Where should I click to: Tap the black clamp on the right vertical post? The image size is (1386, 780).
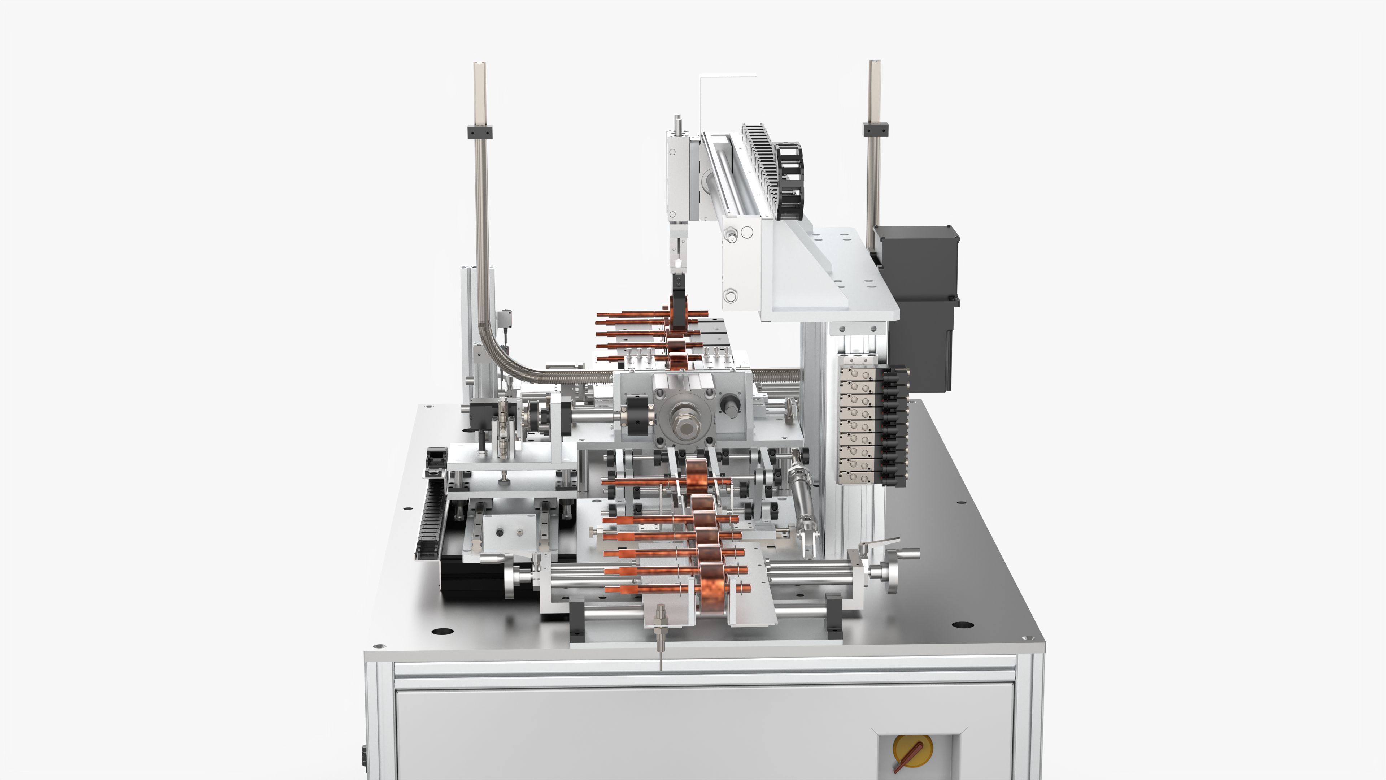(x=875, y=130)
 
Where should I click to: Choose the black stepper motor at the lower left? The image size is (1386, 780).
(x=474, y=581)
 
